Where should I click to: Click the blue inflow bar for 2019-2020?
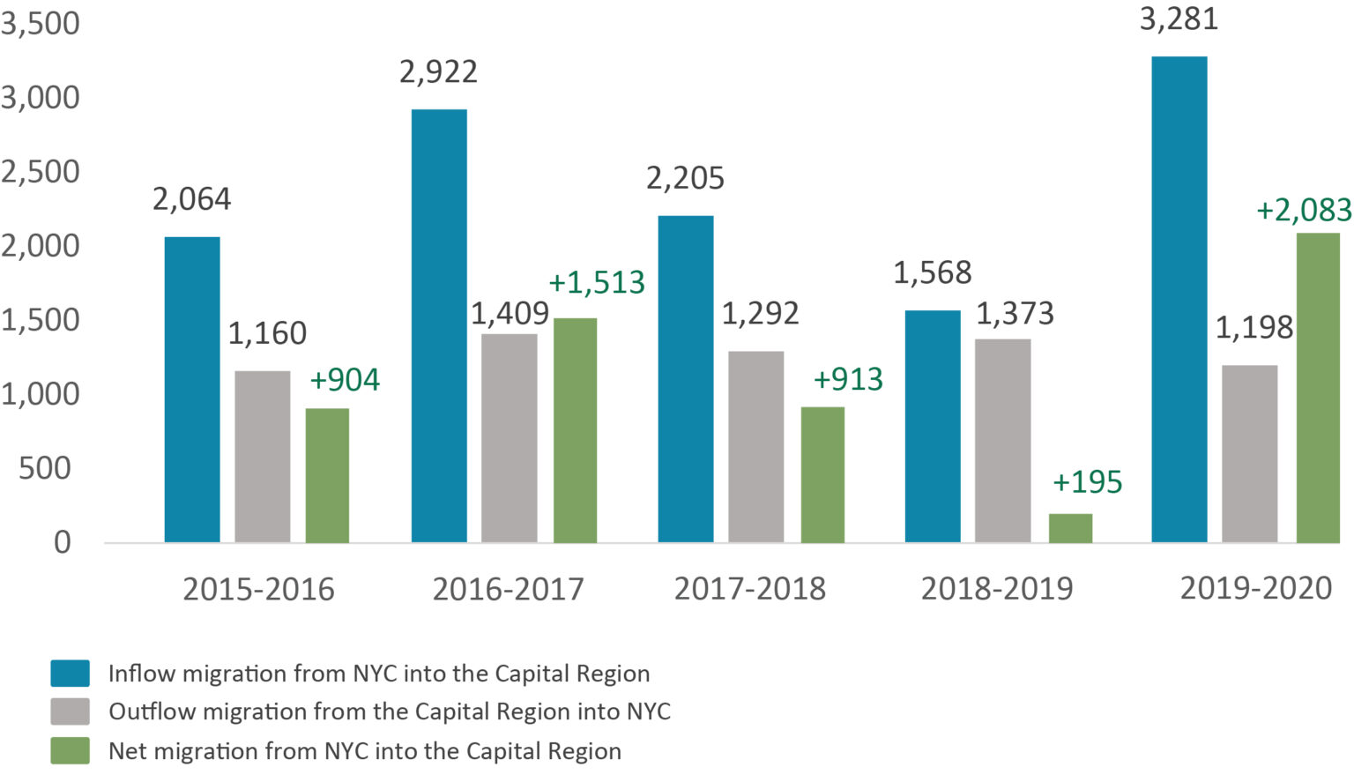pyautogui.click(x=1179, y=300)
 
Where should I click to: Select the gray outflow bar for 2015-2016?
pyautogui.click(x=262, y=457)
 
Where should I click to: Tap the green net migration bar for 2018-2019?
pyautogui.click(x=1070, y=528)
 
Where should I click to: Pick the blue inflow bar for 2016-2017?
pyautogui.click(x=439, y=326)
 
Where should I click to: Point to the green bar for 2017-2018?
pyautogui.click(x=822, y=474)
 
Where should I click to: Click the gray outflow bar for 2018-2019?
pyautogui.click(x=1002, y=441)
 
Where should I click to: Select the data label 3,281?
pyautogui.click(x=1179, y=19)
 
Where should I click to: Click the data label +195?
pyautogui.click(x=1087, y=482)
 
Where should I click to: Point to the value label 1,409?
pyautogui.click(x=510, y=313)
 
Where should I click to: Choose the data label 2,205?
pyautogui.click(x=685, y=178)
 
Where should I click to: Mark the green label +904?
pyautogui.click(x=345, y=380)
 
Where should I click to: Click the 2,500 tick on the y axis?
pyautogui.click(x=41, y=172)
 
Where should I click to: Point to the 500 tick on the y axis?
pyautogui.click(x=45, y=468)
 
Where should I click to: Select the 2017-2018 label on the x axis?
pyautogui.click(x=750, y=589)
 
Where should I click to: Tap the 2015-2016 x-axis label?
pyautogui.click(x=258, y=589)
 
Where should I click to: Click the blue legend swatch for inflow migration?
pyautogui.click(x=70, y=674)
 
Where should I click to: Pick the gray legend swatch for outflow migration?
pyautogui.click(x=70, y=711)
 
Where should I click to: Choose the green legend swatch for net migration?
pyautogui.click(x=70, y=751)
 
